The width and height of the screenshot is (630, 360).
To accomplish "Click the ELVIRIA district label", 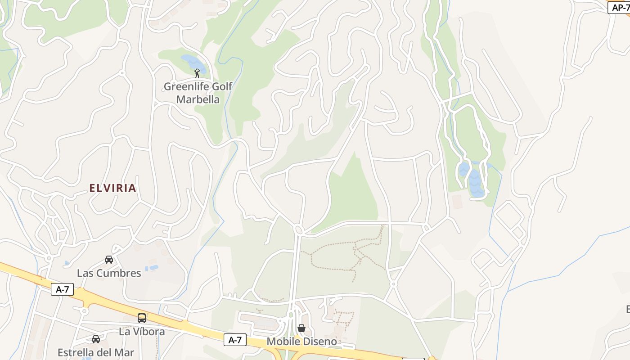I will coord(112,188).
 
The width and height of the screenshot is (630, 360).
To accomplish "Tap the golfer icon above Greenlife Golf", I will coord(197,73).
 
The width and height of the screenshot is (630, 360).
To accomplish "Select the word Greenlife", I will coord(185,86).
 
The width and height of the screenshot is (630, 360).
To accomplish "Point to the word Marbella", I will coord(198,99).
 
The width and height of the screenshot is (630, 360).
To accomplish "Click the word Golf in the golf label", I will coord(221,86).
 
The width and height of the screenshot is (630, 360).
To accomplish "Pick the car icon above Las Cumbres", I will coord(109,260).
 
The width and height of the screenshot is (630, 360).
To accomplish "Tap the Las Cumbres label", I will coord(109,273).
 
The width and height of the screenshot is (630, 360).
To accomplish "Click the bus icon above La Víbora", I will coord(142,318).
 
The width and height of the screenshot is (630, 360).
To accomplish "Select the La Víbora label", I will coord(142,332).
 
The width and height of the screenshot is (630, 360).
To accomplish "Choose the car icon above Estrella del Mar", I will coord(96,339).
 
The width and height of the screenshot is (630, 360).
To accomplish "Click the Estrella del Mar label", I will coord(96,352).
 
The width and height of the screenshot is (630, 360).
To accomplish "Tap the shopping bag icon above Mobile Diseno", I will coord(301,328).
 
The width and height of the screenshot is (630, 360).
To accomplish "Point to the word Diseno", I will coord(319,342).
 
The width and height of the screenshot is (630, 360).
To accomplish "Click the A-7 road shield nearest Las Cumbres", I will coord(62,289).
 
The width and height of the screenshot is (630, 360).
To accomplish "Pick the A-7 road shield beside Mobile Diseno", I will coord(235,340).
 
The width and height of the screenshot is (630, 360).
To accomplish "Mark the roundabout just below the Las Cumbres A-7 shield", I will coord(85,311).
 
